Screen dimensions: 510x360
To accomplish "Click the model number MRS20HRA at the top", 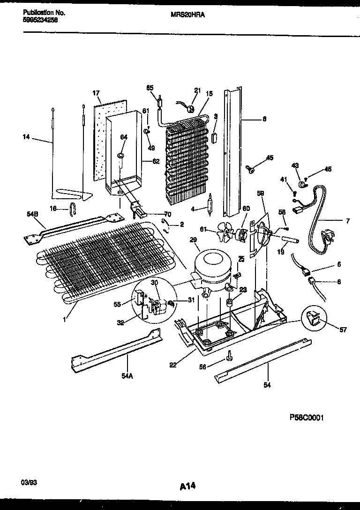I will click(191, 15).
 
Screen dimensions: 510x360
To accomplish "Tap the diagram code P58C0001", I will click(303, 418).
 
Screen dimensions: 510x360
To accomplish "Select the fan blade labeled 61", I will click(227, 231).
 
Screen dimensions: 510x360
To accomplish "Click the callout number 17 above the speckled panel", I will click(96, 93).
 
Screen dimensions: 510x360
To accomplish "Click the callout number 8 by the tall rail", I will click(264, 119).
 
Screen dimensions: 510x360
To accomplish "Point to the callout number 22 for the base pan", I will click(173, 365).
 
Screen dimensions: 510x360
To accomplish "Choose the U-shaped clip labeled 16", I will click(73, 207).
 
